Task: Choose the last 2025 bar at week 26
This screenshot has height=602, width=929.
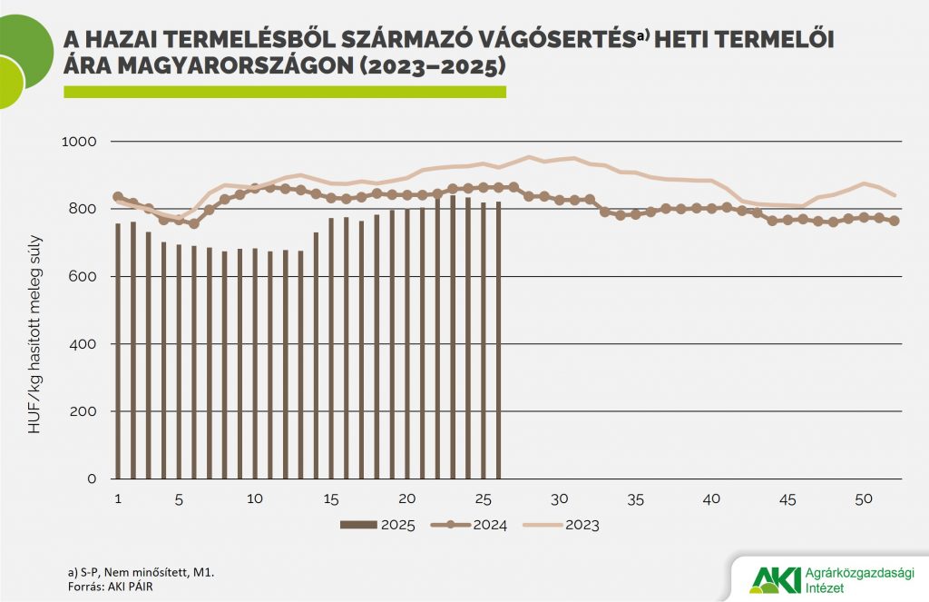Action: [499, 340]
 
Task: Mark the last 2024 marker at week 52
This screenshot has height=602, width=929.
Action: [895, 221]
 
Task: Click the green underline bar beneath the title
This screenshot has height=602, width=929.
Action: [284, 92]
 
